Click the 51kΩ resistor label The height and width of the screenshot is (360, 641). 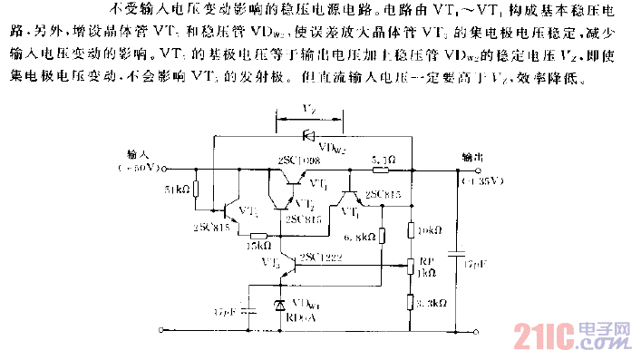click(x=175, y=191)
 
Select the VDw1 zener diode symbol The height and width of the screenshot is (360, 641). click(x=280, y=306)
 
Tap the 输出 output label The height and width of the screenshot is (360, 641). click(x=472, y=155)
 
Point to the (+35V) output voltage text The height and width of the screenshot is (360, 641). click(x=475, y=181)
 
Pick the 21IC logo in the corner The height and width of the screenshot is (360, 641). click(x=571, y=335)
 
